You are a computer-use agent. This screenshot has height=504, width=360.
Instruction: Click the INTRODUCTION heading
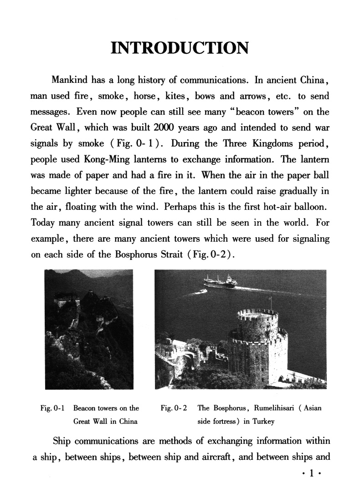pyautogui.click(x=180, y=48)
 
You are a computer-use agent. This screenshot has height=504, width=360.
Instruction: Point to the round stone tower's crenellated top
pyautogui.click(x=257, y=314)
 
